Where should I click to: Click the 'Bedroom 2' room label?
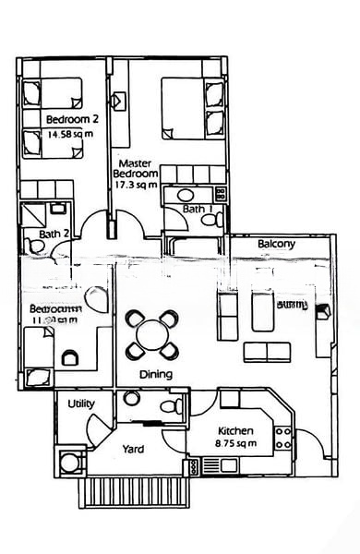click(71, 119)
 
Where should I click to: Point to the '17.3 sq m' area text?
click(134, 185)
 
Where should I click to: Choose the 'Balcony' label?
click(276, 244)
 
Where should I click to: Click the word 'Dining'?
click(156, 375)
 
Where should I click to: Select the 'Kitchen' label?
click(234, 431)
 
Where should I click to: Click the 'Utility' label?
click(82, 404)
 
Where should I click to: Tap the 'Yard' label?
click(133, 450)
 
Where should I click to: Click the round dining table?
click(150, 333)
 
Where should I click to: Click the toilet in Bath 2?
click(58, 211)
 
